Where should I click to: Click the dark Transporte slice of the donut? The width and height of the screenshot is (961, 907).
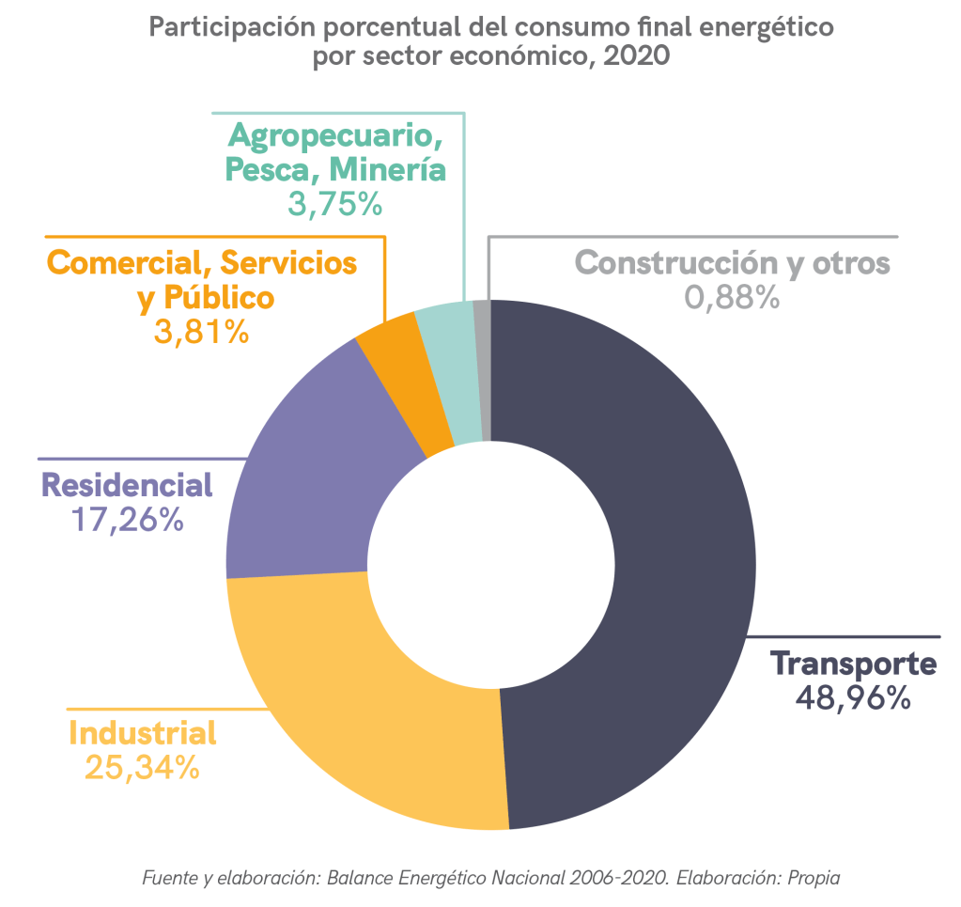click(658, 564)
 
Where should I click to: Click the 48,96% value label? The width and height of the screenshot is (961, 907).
click(853, 697)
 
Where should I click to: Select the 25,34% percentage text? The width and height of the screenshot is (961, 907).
click(142, 767)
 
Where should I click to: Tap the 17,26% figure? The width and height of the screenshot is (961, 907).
click(127, 520)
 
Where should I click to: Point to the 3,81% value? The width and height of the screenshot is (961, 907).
click(201, 330)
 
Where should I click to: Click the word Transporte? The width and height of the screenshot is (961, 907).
click(853, 664)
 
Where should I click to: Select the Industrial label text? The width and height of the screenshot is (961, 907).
click(143, 733)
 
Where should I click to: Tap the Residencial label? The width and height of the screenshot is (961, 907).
click(127, 485)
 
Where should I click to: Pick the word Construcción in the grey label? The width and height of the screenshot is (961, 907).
click(676, 262)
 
